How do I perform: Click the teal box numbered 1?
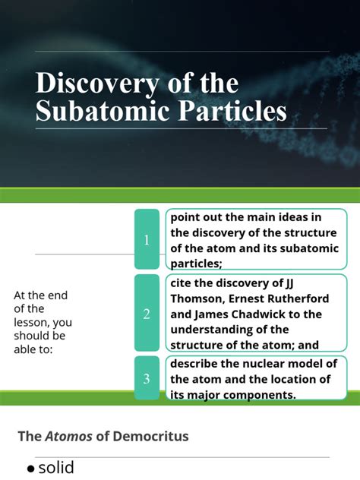click(x=147, y=240)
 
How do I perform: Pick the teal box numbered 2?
click(x=147, y=314)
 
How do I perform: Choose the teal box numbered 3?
click(x=147, y=378)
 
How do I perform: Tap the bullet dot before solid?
click(x=31, y=469)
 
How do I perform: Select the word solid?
click(x=56, y=468)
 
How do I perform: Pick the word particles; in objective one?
click(x=196, y=263)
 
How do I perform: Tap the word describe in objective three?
click(x=197, y=364)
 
